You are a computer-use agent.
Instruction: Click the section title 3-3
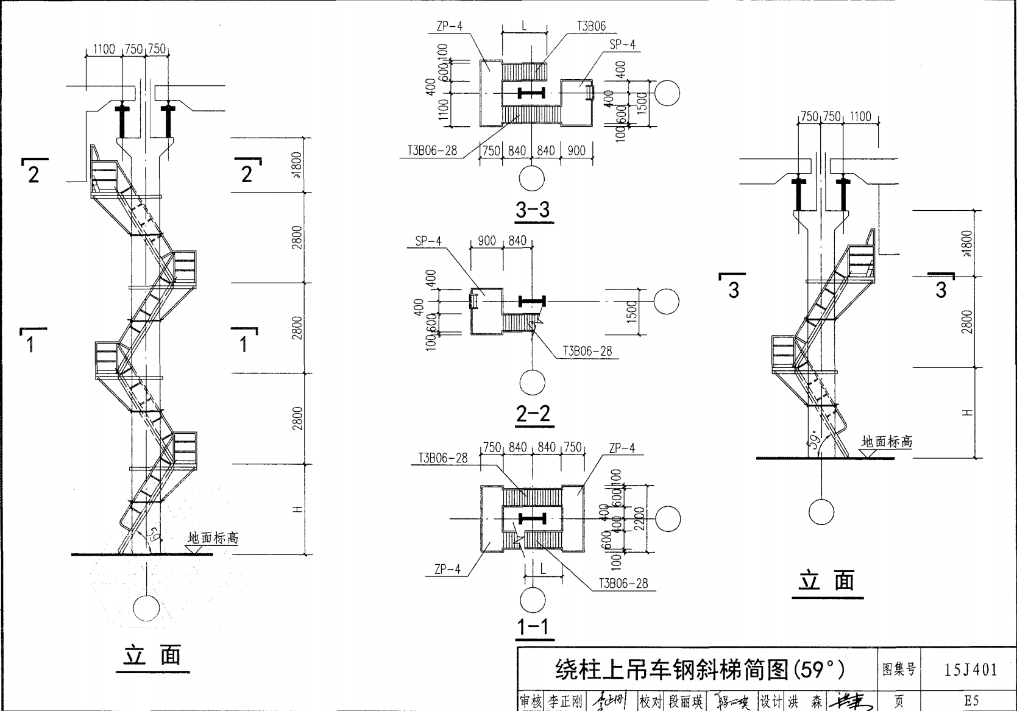[533, 210]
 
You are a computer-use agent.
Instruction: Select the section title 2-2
[533, 414]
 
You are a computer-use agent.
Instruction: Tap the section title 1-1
[533, 627]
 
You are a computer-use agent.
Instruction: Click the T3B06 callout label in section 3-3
[591, 26]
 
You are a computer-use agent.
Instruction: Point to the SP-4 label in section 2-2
[428, 241]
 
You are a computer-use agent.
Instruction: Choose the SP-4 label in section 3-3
[622, 44]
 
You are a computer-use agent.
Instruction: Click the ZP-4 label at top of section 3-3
[450, 26]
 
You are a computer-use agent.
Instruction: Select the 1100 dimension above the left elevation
[104, 49]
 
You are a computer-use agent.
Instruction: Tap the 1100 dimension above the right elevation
[860, 116]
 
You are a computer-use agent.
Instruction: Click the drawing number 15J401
[971, 670]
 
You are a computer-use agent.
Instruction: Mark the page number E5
[971, 701]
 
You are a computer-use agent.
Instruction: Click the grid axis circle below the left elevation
[146, 607]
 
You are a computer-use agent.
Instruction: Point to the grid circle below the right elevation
[821, 512]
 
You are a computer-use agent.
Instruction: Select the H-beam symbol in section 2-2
[531, 301]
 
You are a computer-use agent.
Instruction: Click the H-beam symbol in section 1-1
[531, 518]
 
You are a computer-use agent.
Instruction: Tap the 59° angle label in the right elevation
[815, 442]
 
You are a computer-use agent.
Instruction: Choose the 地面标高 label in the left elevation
[213, 538]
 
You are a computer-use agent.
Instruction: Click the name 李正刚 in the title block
[565, 701]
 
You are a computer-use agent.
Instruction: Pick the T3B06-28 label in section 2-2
[587, 352]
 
